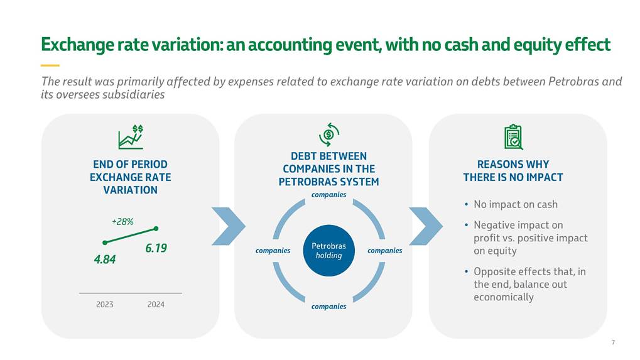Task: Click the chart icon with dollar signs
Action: [130, 136]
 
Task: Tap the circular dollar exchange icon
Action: [328, 134]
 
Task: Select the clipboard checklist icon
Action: [513, 137]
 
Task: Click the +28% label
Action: [122, 222]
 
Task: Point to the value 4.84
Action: [105, 258]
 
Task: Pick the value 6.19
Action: [156, 248]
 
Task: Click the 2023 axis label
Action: [104, 305]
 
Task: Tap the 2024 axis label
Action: [156, 305]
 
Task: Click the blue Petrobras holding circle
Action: [328, 250]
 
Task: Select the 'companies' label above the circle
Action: [328, 195]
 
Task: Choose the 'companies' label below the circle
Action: [328, 307]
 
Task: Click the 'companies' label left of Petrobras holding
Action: [273, 251]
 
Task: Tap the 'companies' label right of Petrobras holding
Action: [384, 251]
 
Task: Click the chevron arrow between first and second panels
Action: [228, 226]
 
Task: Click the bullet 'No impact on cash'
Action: [515, 205]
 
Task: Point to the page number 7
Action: [612, 342]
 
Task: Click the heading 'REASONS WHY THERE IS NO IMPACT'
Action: [513, 171]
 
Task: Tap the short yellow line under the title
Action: [50, 65]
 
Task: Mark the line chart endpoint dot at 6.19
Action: [156, 229]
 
